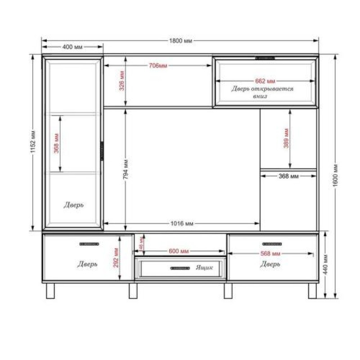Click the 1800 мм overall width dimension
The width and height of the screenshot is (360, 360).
coord(180,40)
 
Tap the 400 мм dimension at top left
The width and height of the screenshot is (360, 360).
coord(72,47)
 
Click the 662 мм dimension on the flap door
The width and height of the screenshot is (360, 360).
coord(265,81)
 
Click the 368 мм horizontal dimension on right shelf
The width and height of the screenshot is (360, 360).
coord(288,176)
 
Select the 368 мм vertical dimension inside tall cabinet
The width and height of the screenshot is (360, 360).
coord(56,143)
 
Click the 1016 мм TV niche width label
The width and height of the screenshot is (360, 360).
coord(182,223)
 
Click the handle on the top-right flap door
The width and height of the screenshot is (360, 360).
coord(265,58)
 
